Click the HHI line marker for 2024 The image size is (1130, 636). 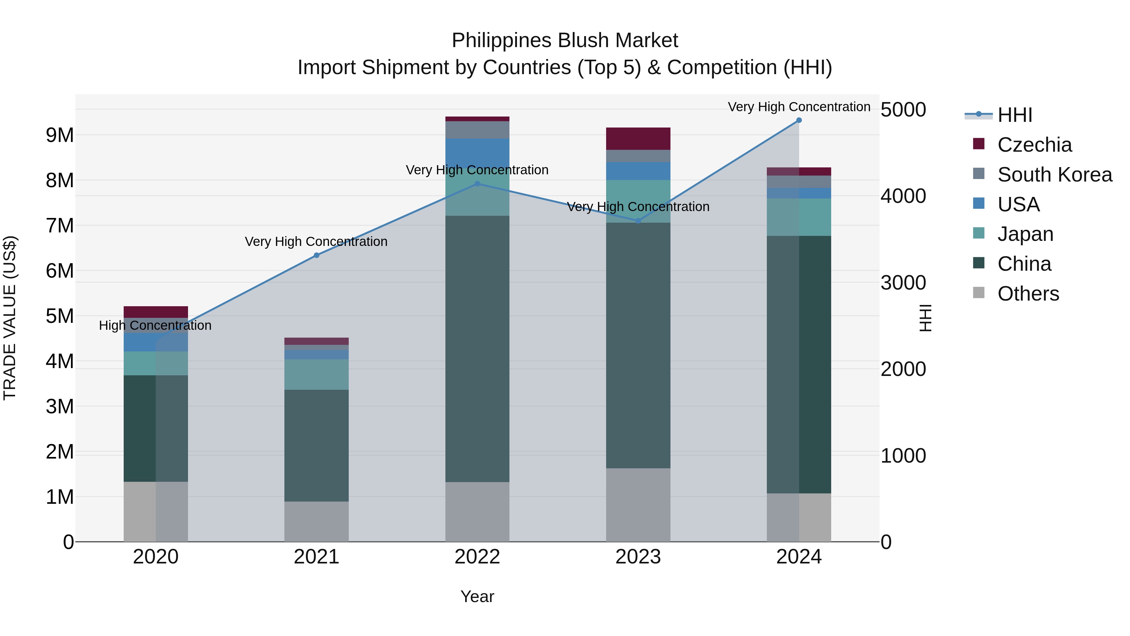799,120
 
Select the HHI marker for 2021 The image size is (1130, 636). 317,255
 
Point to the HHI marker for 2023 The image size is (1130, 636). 638,221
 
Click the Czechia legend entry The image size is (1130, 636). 1034,145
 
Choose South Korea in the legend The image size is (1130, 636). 1055,175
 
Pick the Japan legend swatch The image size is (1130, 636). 979,233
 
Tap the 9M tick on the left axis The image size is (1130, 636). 60,135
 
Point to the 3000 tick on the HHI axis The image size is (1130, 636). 903,283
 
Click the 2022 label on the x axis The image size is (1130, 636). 477,557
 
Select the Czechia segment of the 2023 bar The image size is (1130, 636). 638,139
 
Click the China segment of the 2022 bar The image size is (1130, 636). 477,349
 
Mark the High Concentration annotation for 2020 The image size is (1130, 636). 155,326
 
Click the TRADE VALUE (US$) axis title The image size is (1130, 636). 10,318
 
